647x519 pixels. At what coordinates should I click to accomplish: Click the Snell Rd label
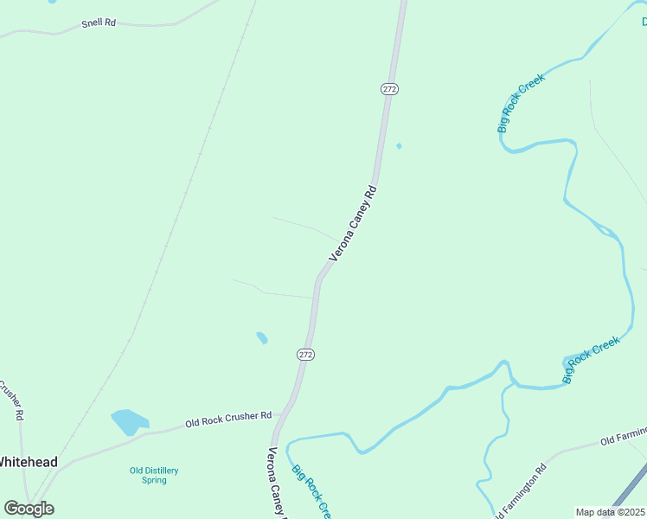99,22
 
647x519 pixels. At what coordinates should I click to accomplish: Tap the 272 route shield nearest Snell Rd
388,88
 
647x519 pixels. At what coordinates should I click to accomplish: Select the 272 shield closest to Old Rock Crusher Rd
305,355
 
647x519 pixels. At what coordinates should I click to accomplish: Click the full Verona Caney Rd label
354,223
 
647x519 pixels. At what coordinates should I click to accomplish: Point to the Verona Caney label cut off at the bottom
277,481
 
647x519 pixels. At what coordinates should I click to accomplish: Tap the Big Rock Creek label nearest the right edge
592,360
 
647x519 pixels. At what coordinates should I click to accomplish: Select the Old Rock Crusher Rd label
228,420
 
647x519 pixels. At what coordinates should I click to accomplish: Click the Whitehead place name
28,462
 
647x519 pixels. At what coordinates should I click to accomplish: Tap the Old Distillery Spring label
154,475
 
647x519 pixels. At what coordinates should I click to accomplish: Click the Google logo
29,509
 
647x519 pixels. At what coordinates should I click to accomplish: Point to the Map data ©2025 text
611,512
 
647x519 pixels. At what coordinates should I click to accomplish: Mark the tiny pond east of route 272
399,145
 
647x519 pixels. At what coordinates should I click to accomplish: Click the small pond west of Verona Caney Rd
262,337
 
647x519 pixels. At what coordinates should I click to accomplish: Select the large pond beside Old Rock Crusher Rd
129,422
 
